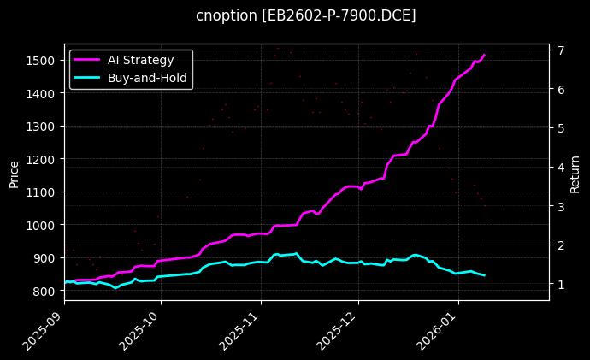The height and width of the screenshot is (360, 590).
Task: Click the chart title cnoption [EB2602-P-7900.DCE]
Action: [x=305, y=15]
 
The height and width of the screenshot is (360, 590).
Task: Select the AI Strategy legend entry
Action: [x=140, y=60]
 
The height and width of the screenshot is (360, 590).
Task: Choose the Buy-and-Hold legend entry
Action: [x=147, y=78]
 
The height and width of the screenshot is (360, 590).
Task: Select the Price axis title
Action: [x=14, y=174]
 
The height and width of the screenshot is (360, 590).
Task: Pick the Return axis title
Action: [x=575, y=174]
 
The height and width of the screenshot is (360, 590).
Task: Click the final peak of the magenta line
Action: [x=484, y=55]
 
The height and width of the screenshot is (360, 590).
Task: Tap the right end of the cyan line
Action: [x=485, y=275]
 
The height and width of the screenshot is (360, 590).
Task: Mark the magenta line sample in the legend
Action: [x=87, y=60]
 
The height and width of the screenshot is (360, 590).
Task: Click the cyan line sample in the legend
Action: [x=87, y=78]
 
